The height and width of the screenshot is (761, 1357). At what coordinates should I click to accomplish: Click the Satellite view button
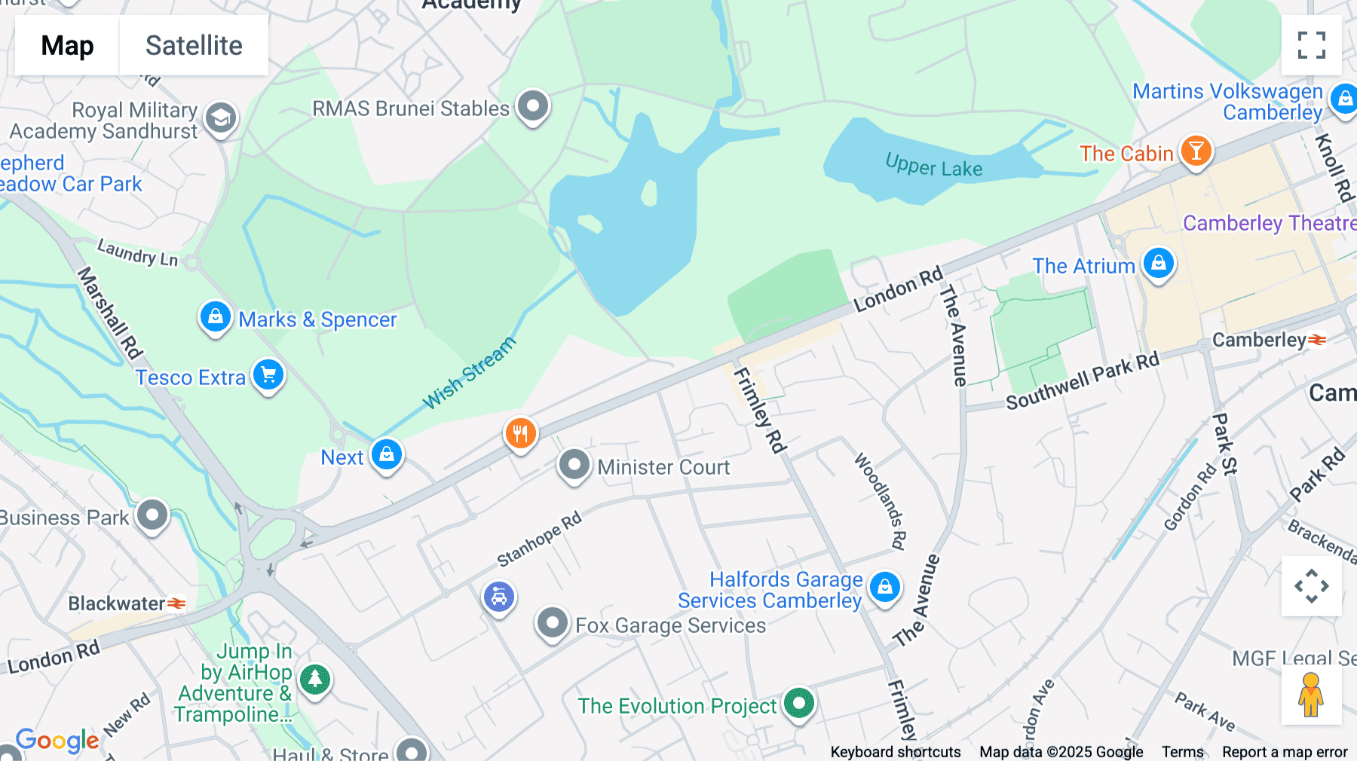tap(194, 45)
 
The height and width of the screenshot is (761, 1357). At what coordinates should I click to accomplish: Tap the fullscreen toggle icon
tap(1311, 45)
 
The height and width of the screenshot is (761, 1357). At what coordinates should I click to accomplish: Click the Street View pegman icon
tap(1311, 695)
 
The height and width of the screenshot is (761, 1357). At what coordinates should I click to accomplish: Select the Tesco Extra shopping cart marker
tap(268, 374)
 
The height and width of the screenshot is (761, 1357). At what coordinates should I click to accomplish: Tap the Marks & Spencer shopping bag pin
tap(215, 317)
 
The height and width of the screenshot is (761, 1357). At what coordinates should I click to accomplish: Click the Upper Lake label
tap(933, 165)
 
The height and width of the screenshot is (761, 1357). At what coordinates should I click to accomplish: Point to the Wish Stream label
tap(469, 373)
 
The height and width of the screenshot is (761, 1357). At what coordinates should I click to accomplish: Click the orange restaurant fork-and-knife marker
tap(520, 434)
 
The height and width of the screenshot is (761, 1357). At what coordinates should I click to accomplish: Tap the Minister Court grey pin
tap(574, 465)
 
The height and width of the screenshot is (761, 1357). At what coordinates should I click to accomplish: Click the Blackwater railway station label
tap(117, 604)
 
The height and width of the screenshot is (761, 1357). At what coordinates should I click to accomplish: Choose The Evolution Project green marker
tap(798, 704)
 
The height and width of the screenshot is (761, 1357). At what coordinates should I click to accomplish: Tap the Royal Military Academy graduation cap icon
tap(220, 118)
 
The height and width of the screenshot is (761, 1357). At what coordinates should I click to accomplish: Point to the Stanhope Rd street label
tap(539, 538)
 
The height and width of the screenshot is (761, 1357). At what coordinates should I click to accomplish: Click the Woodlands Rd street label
tap(880, 501)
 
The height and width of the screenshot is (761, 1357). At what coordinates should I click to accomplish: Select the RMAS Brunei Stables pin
tap(533, 106)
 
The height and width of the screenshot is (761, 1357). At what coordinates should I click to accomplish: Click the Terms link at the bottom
tap(1182, 751)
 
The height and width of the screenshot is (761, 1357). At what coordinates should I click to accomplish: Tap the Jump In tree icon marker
tap(315, 680)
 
